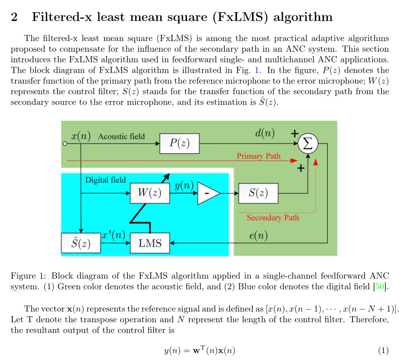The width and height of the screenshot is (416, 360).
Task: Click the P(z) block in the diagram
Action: pos(179,143)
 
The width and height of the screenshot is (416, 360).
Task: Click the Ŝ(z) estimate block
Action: pos(81,244)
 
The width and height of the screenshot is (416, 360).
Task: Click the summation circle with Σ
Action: pos(308,143)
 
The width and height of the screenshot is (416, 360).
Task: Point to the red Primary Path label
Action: pos(258,156)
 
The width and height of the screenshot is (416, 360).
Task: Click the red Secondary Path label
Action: pos(273,217)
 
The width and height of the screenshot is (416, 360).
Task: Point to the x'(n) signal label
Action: pos(113,235)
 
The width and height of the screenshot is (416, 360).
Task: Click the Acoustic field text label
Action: pos(121,136)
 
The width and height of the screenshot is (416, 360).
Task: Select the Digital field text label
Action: pos(105,180)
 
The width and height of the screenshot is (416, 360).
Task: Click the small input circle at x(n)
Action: pos(65,144)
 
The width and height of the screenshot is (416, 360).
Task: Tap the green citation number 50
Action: pos(380,287)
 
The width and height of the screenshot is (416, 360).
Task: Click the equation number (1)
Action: pos(383,350)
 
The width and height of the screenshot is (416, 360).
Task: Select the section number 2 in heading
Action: pos(14,17)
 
